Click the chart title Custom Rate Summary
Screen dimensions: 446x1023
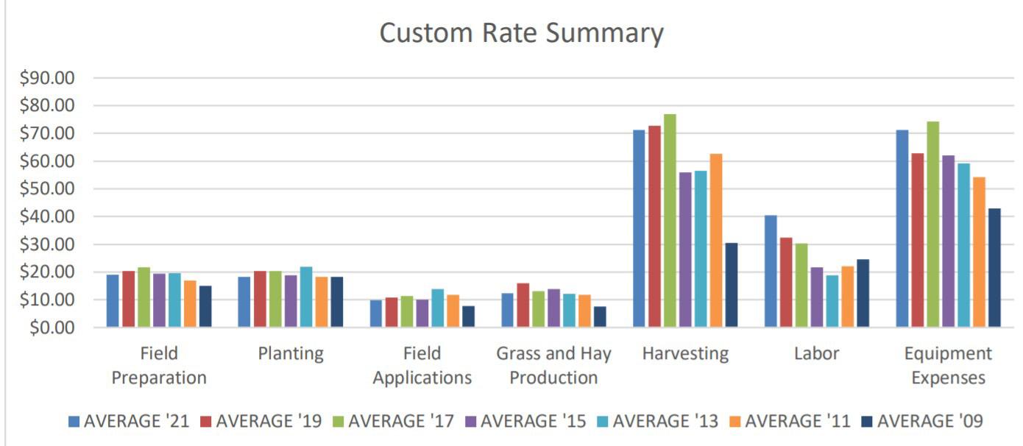coord(521,32)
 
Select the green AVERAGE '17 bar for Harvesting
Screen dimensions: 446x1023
coord(669,221)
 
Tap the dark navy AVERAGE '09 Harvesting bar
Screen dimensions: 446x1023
coord(731,285)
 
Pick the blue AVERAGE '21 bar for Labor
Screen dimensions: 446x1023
coord(771,271)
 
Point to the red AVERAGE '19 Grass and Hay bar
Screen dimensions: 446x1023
coord(523,305)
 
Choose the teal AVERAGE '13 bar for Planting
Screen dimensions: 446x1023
coord(306,297)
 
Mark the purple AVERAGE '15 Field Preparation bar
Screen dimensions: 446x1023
coord(159,300)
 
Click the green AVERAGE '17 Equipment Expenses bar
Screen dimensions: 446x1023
coord(933,224)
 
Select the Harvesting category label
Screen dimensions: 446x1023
coord(685,353)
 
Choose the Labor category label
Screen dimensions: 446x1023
coord(816,353)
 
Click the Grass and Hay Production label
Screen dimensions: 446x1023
coord(553,365)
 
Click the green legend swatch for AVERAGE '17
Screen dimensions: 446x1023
coord(339,422)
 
